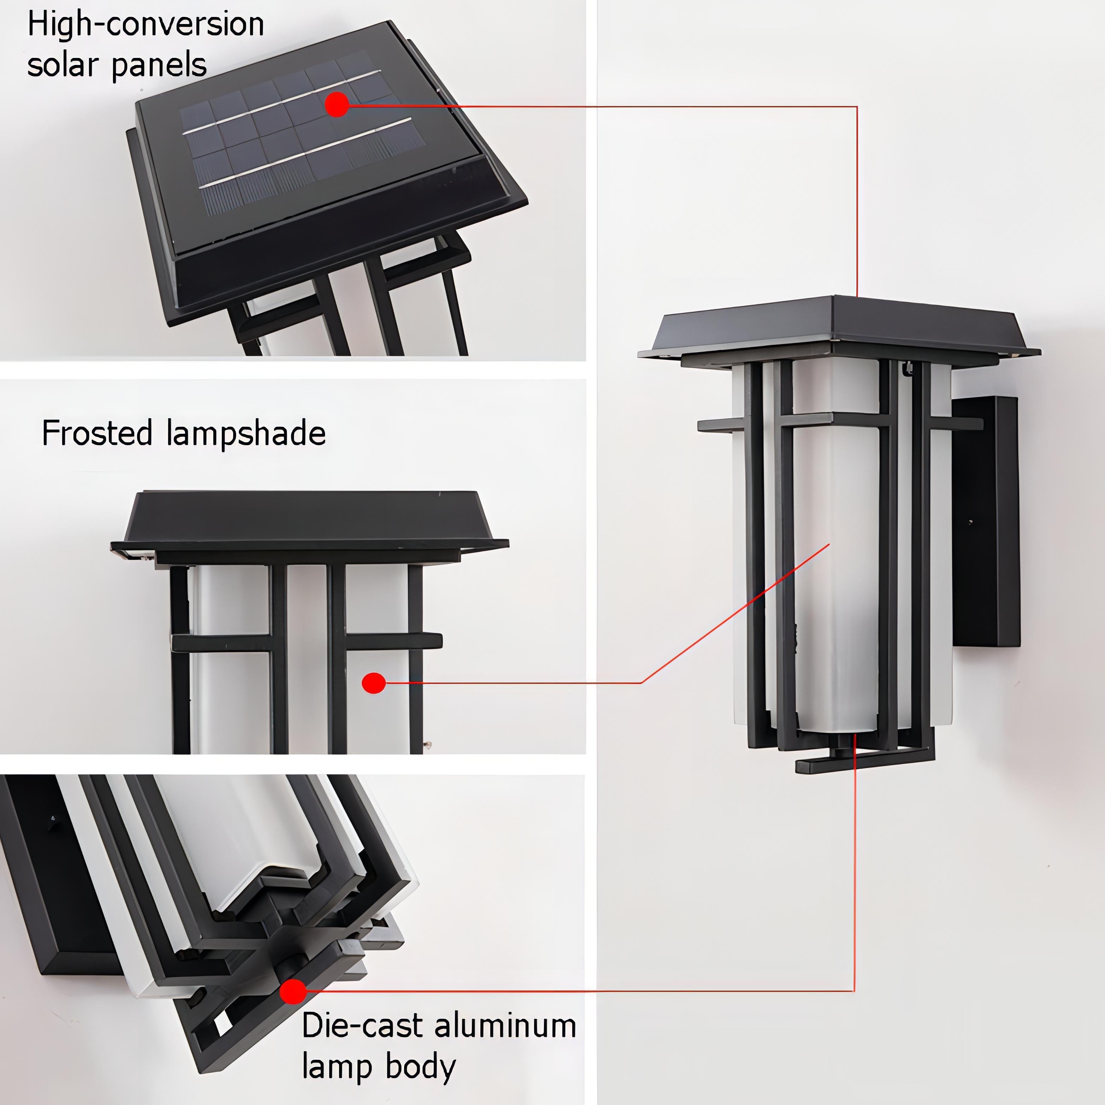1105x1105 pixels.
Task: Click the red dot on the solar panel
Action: click(337, 105)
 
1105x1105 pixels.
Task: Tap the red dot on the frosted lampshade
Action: click(373, 683)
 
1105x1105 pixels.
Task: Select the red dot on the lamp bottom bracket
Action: click(293, 991)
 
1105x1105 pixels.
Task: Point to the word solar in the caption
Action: click(59, 65)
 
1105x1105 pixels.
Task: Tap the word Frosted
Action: click(97, 433)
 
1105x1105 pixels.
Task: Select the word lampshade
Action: click(247, 433)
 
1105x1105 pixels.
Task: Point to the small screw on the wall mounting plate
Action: click(970, 522)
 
